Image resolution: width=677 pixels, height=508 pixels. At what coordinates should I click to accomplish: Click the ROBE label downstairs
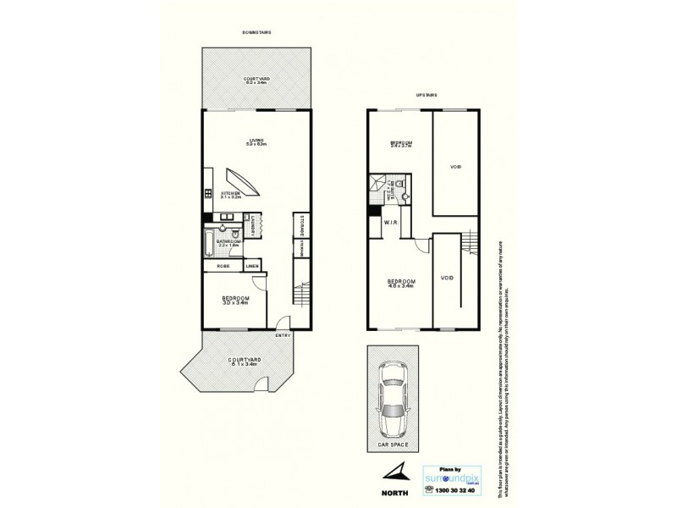223,267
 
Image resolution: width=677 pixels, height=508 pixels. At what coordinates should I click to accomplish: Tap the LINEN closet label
252,267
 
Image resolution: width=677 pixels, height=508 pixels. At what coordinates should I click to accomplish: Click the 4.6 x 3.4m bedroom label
400,284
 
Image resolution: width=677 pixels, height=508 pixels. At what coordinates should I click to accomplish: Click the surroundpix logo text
454,477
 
